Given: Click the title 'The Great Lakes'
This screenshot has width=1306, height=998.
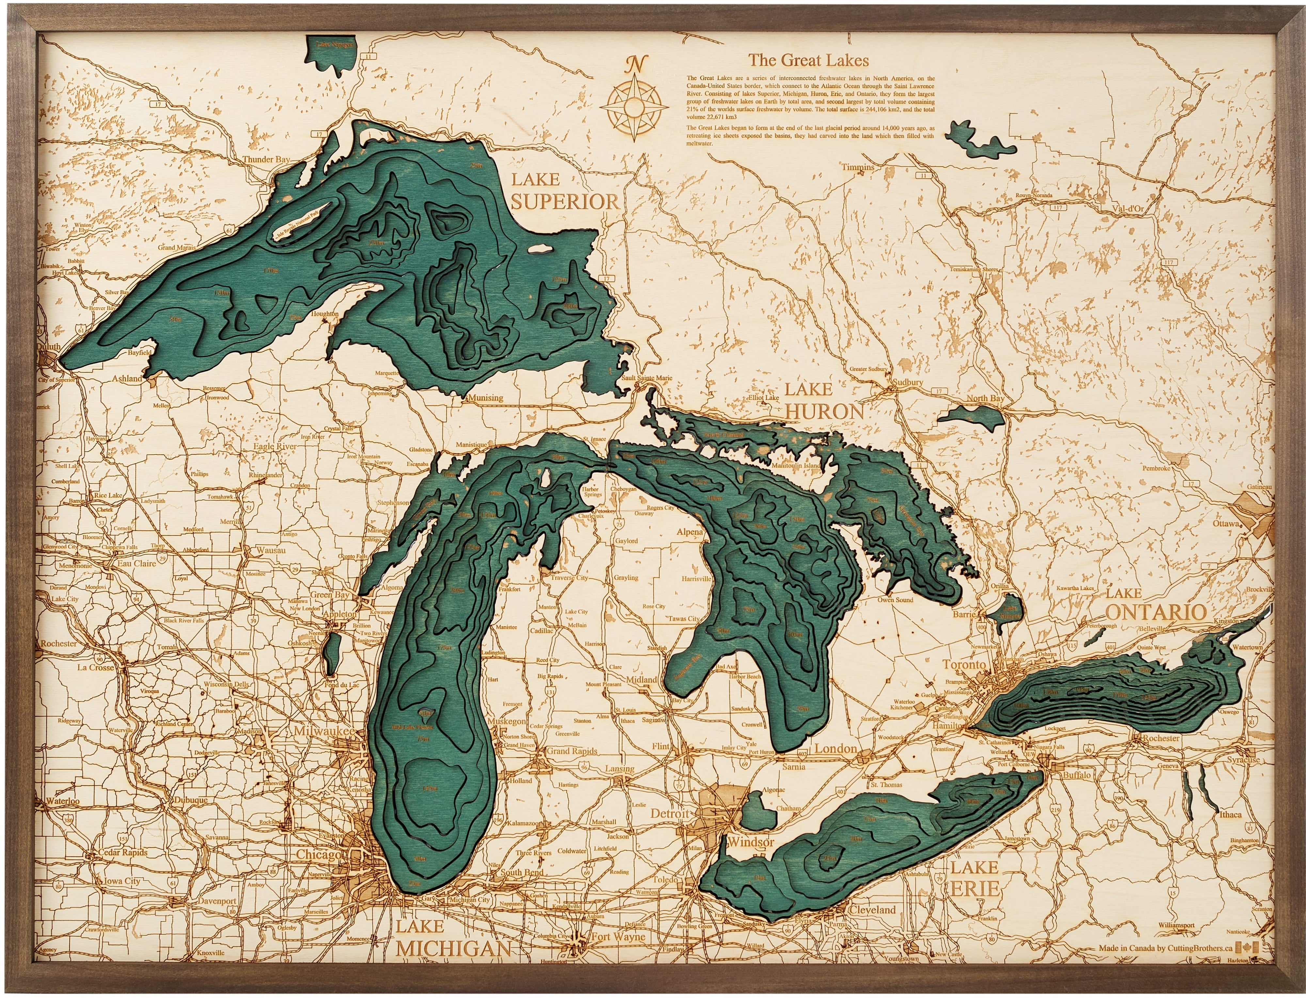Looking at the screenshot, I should click(x=808, y=60).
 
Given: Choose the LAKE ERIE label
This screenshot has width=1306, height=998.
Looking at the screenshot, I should click(x=973, y=877).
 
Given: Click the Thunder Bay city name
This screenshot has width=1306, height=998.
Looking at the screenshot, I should click(x=265, y=159).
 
